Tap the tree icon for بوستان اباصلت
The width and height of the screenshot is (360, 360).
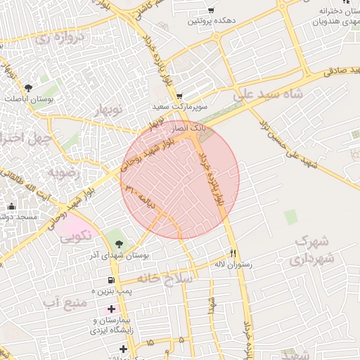pos(28,88)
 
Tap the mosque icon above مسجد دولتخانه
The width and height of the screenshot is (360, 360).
pos(11,206)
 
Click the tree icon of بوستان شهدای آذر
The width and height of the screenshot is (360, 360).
pos(119,245)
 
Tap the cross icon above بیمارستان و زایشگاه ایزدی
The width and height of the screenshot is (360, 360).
pos(110,309)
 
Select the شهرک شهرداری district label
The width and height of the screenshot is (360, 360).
pos(313,250)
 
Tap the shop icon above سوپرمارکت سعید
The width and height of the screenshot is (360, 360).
pos(179,96)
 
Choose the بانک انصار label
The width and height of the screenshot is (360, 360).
pos(191,128)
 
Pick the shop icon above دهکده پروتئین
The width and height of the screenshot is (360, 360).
pos(210,11)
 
